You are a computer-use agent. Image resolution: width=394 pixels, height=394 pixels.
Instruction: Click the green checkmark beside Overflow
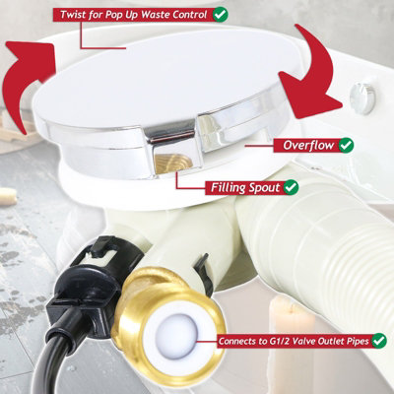pyautogui.click(x=347, y=144)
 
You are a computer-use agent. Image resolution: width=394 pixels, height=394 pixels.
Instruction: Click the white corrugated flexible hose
pyautogui.click(x=295, y=246)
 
